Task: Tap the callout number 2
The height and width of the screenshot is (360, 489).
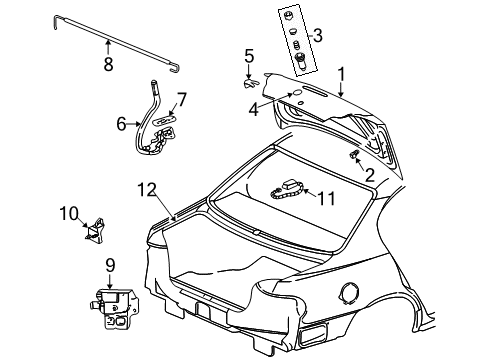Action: tap(369, 175)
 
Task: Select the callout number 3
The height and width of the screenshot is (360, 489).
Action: tap(317, 37)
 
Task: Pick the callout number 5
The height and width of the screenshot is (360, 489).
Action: tap(249, 56)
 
